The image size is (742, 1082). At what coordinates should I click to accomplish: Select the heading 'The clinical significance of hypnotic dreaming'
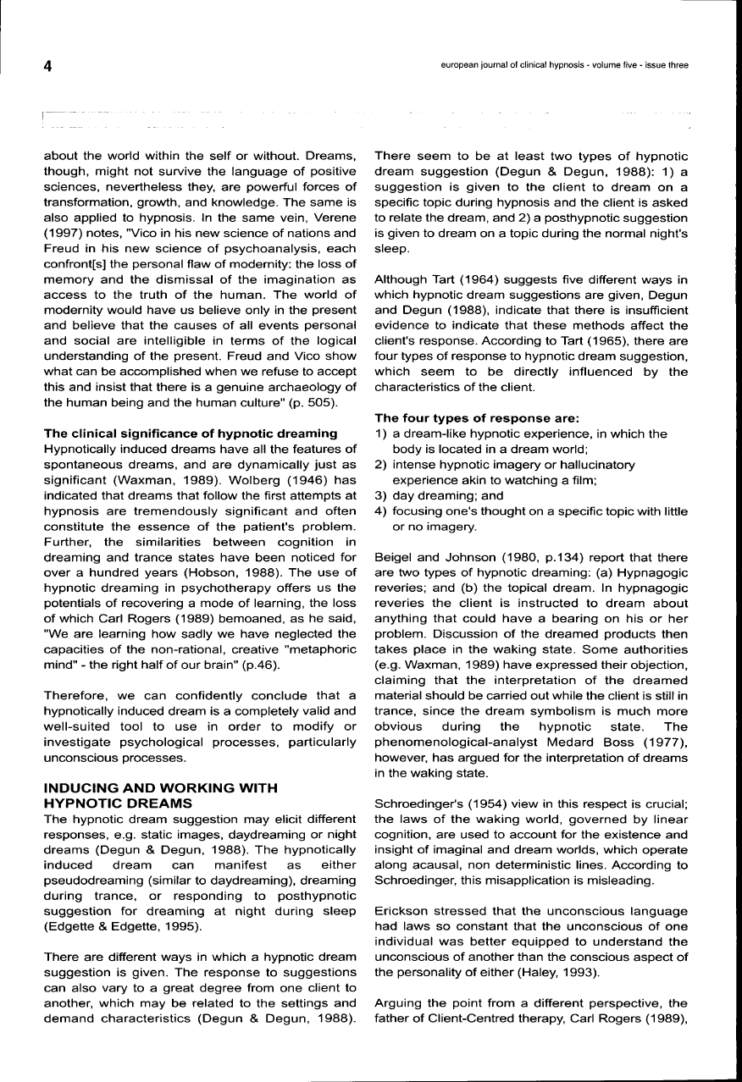191,434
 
